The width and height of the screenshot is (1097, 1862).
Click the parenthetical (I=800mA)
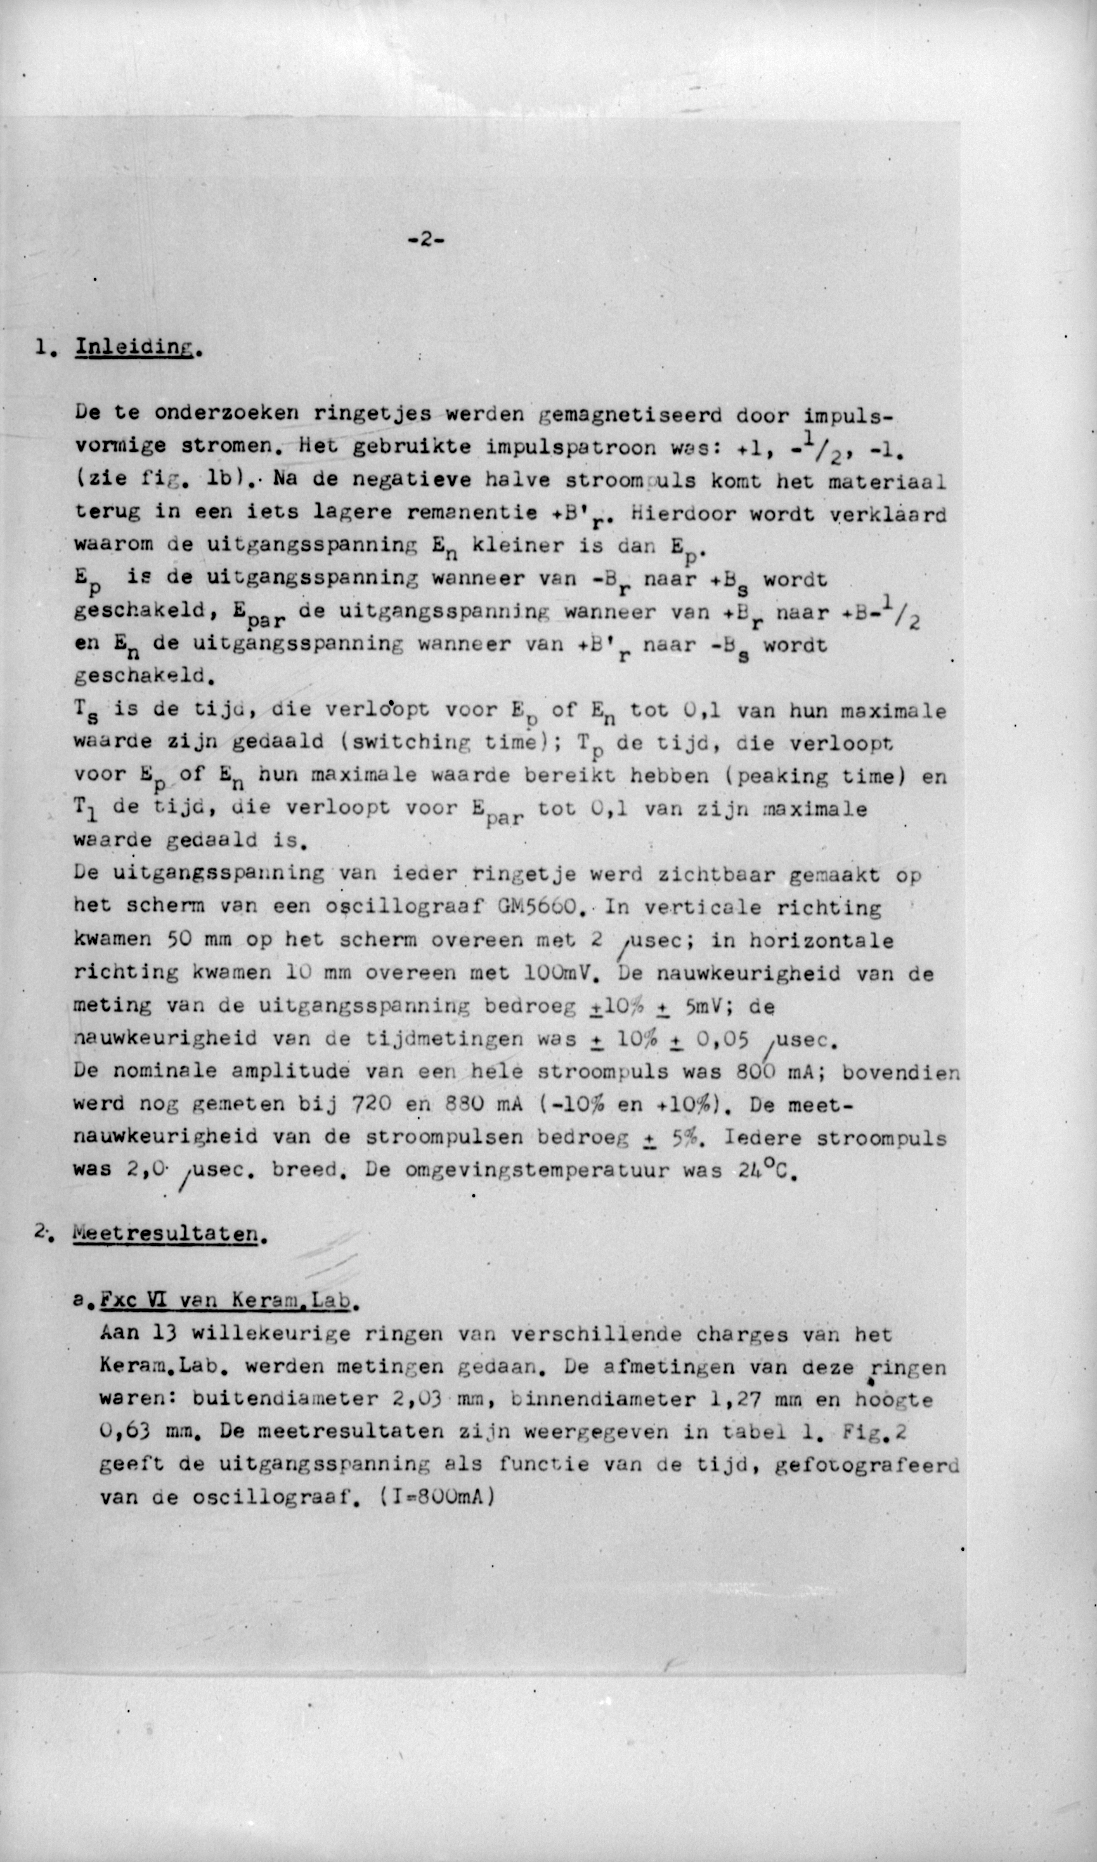(x=436, y=1497)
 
